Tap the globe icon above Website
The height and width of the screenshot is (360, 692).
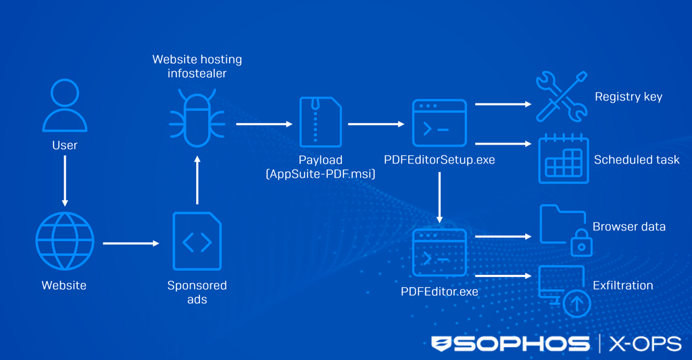65,241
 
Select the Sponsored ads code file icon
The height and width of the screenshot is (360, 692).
197,241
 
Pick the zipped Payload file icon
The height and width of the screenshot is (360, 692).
321,122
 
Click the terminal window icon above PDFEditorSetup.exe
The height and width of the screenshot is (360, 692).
439,124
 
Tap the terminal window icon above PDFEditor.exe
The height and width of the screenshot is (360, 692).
439,252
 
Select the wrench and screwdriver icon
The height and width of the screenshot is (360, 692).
561,98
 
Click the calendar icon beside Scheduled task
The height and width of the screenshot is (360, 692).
564,159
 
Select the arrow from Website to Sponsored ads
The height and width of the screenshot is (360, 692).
130,243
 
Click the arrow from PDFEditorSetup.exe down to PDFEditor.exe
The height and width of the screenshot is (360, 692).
439,198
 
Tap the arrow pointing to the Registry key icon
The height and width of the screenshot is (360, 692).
503,105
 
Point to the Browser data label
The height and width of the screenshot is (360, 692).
628,226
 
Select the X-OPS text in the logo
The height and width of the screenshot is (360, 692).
645,344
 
